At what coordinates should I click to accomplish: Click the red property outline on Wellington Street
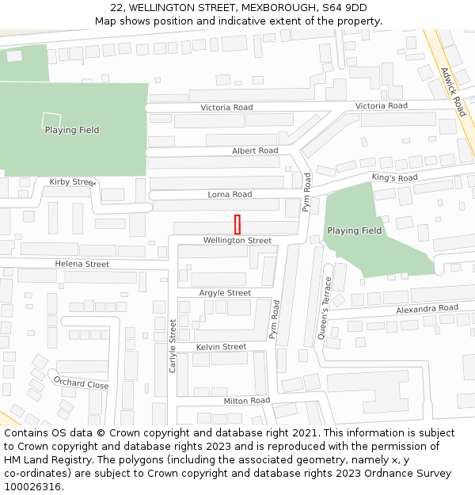[x=237, y=224]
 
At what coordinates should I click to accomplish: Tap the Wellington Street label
[x=237, y=240]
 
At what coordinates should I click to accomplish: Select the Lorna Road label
[x=230, y=194]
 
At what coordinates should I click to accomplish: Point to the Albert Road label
[x=255, y=150]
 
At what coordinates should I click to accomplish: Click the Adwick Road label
[x=453, y=92]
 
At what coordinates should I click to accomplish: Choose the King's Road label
[x=394, y=178]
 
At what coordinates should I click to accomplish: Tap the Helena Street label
[x=82, y=264]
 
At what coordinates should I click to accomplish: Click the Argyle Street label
[x=225, y=293]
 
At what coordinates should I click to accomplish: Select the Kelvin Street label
[x=221, y=347]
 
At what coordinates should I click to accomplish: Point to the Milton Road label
[x=246, y=401]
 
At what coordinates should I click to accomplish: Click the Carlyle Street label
[x=173, y=345]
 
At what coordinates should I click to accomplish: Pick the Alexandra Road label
[x=427, y=308]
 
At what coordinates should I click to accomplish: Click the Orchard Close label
[x=81, y=383]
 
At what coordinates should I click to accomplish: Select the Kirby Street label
[x=71, y=182]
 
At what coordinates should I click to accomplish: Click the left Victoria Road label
[x=226, y=107]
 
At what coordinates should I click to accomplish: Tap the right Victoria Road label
[x=382, y=105]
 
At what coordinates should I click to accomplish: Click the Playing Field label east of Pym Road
[x=354, y=230]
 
